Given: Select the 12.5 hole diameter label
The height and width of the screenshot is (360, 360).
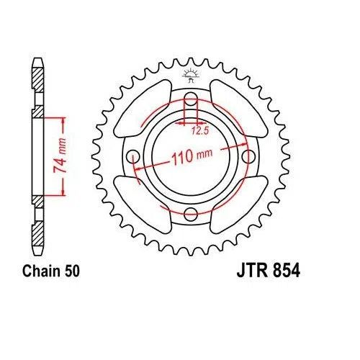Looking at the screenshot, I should [x=201, y=131].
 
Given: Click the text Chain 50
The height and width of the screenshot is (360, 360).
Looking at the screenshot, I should [x=48, y=271].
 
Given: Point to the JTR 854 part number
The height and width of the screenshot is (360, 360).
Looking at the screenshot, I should [x=262, y=271].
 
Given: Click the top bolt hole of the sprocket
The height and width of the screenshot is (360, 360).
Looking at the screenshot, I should [x=191, y=99].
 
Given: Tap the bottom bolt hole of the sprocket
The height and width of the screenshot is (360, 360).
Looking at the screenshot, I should [x=191, y=213].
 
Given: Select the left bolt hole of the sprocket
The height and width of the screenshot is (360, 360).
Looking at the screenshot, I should [x=134, y=156].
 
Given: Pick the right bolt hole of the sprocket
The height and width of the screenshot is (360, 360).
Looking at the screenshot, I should [x=248, y=156].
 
